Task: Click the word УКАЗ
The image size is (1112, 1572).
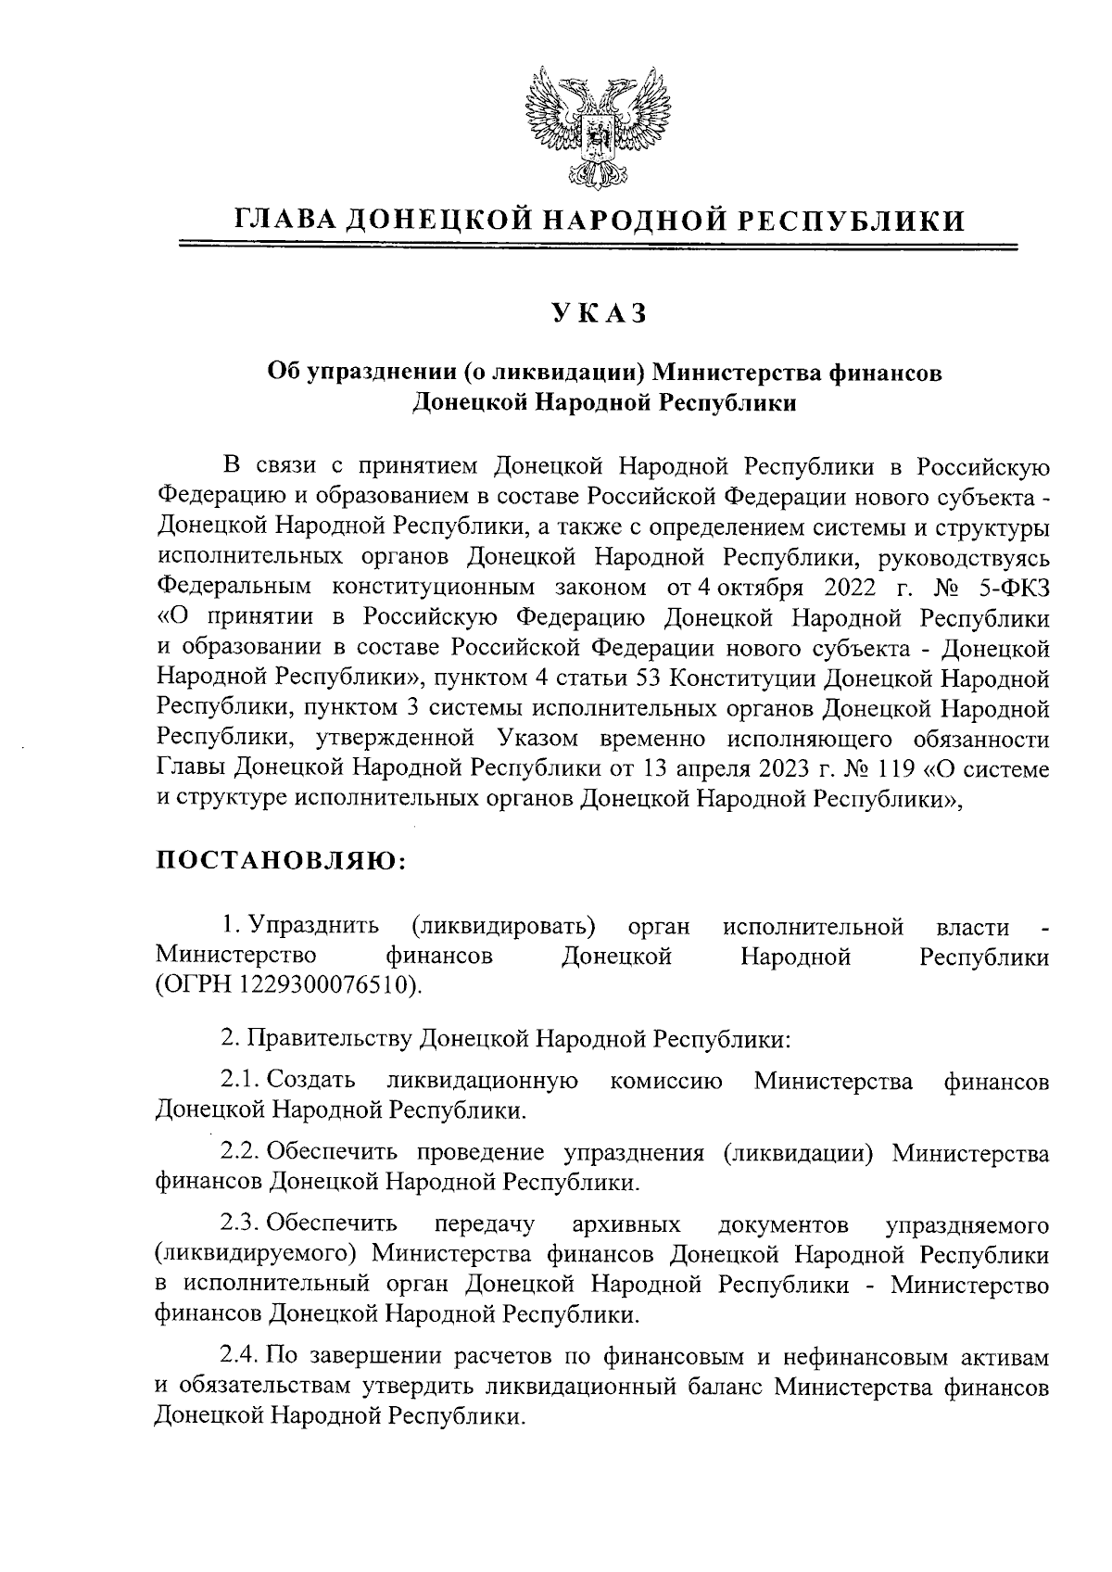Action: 600,315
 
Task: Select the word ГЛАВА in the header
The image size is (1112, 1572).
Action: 284,220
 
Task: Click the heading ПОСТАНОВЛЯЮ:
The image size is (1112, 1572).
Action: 281,859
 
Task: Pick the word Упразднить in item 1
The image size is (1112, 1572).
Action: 320,926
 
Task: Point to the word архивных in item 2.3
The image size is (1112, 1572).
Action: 626,1225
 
